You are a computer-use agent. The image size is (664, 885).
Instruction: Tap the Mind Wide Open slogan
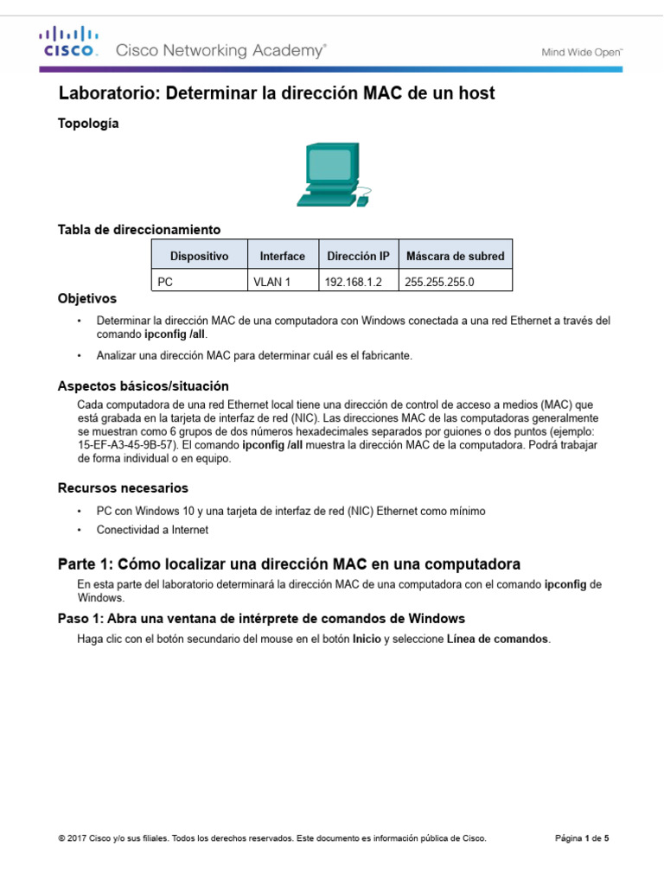click(582, 52)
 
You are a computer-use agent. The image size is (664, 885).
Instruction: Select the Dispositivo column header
click(199, 256)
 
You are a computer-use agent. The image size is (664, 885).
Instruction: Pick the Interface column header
click(282, 256)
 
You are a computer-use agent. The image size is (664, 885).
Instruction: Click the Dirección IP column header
click(358, 256)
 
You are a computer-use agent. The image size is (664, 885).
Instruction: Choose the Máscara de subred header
click(455, 256)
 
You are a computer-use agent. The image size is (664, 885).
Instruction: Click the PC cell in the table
click(165, 282)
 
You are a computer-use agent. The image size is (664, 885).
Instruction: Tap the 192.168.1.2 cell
click(351, 282)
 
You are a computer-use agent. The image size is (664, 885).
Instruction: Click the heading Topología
click(88, 124)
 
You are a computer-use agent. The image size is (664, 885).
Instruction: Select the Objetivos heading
click(86, 299)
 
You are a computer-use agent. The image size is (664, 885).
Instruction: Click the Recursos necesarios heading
click(123, 488)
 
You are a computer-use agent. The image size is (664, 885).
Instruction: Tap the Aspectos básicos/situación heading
click(143, 385)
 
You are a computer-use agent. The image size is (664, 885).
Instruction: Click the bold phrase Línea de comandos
click(497, 640)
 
